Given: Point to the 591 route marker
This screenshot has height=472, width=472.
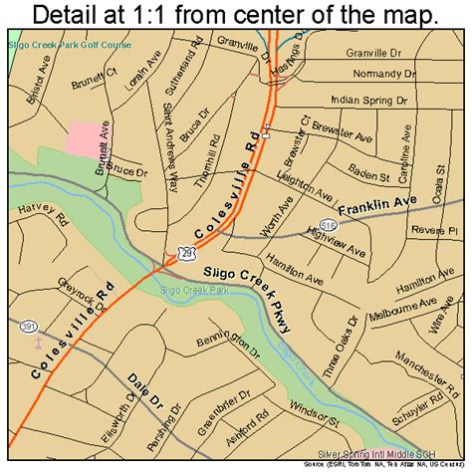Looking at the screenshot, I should point(30,325).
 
